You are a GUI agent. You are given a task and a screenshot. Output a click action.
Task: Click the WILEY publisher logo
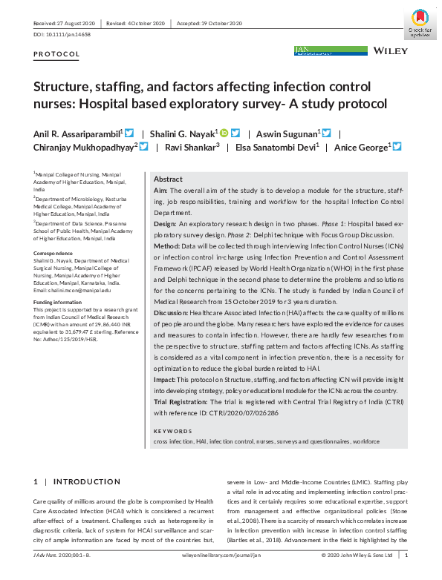click(389, 51)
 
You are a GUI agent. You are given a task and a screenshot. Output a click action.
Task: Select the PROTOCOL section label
click(56, 55)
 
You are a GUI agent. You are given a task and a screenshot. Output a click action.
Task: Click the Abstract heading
click(168, 179)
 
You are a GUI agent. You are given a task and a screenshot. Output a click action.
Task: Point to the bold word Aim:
click(160, 191)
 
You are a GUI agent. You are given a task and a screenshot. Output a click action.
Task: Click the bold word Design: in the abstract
click(166, 223)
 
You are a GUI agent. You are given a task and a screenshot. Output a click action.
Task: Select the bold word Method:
click(167, 244)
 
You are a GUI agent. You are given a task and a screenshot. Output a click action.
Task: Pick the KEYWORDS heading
click(173, 431)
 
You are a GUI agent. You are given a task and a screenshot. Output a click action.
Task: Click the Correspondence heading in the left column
click(53, 254)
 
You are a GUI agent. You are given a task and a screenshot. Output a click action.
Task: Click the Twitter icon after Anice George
click(397, 147)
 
